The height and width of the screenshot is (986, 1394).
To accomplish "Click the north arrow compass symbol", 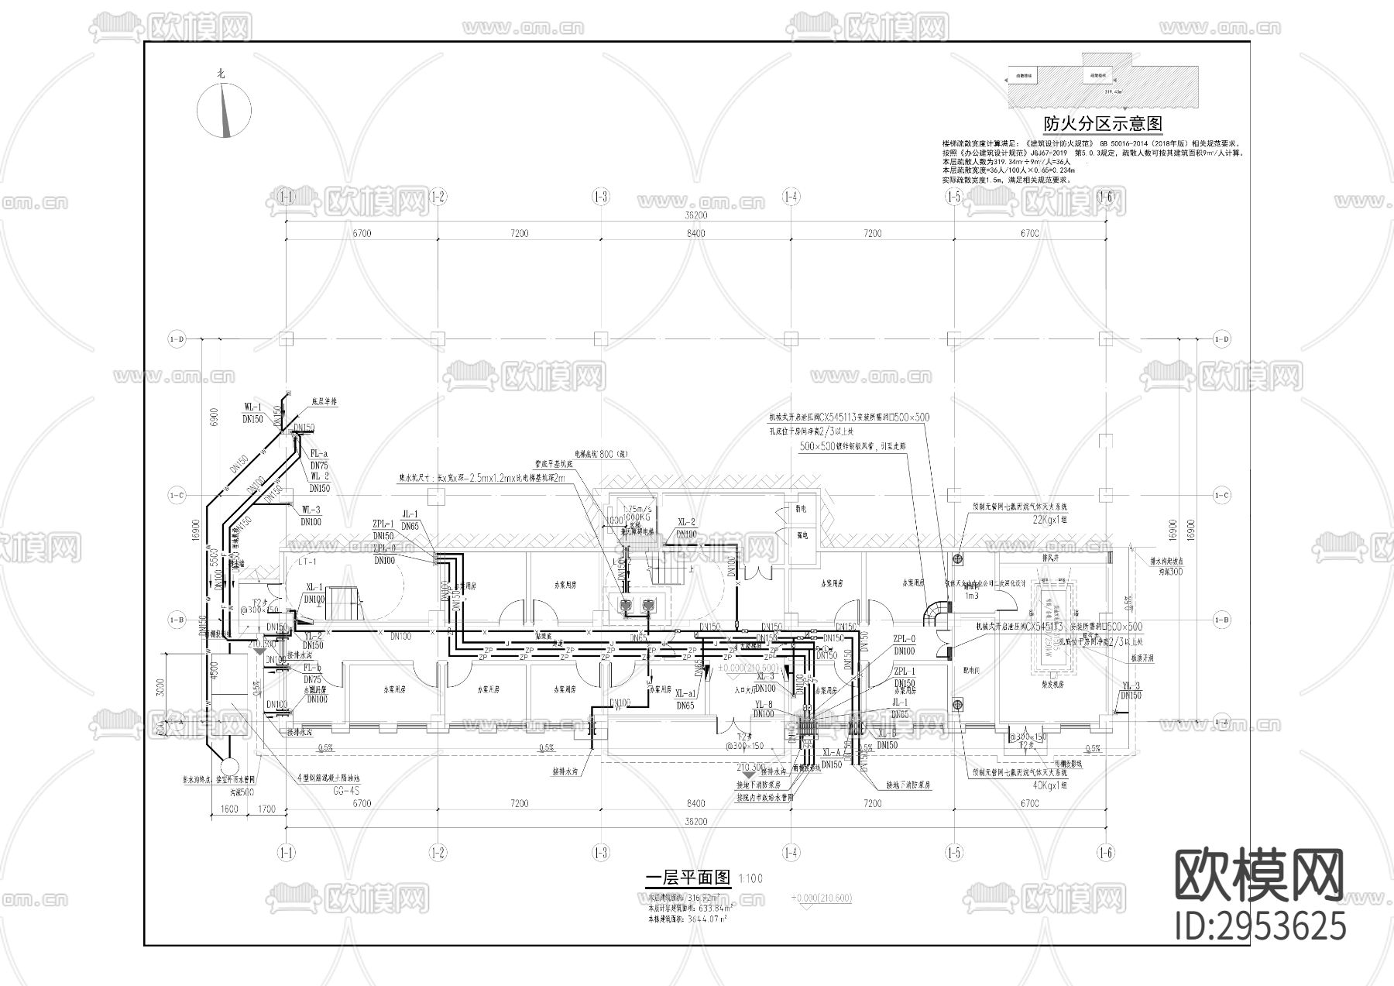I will tap(225, 109).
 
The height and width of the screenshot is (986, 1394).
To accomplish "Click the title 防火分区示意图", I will tap(1103, 124).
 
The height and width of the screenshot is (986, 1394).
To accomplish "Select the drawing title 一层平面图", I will tap(688, 878).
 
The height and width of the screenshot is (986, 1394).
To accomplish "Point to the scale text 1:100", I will tap(750, 878).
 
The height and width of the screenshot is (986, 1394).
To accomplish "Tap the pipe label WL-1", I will tap(253, 407).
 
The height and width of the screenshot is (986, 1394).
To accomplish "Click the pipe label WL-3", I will tap(311, 510).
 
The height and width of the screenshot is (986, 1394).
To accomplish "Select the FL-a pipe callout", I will tap(319, 454).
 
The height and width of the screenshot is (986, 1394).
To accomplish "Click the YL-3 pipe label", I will tap(1131, 685).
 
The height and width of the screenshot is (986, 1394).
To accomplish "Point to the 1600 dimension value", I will tap(229, 809).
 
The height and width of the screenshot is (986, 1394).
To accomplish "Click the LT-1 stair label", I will tap(297, 561).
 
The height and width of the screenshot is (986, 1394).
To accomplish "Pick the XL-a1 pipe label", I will tap(685, 694).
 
